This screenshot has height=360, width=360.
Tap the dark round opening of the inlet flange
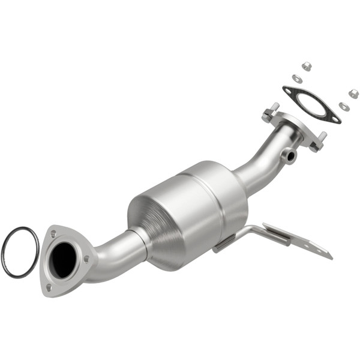click(x=64, y=260)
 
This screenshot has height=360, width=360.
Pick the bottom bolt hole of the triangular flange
click(x=50, y=287)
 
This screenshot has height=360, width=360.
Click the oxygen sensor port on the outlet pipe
click(x=290, y=156)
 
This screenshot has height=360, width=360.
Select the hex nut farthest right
click(x=353, y=93)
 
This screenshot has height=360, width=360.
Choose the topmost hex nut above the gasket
click(x=306, y=66)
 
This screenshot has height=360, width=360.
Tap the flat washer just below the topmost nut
click(x=297, y=78)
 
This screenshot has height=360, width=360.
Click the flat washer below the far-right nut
click(x=344, y=106)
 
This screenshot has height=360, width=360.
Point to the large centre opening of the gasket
click(x=310, y=105)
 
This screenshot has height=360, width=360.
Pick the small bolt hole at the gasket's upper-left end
click(x=290, y=91)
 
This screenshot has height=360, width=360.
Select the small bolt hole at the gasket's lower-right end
click(x=333, y=118)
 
